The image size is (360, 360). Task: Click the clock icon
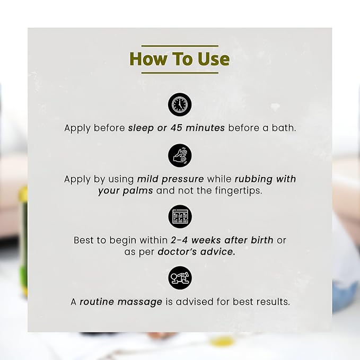pos(180,104)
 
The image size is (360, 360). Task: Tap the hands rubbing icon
pos(180,155)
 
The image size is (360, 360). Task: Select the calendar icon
pos(180,217)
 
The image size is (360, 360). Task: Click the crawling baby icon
pos(180,278)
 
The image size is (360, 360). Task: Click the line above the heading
pos(180,46)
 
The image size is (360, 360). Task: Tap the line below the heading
pos(180,73)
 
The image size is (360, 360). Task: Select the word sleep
pos(141,128)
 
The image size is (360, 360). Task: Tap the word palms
pos(138,191)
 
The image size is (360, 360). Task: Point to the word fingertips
pos(238,191)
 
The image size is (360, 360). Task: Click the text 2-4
pos(179,240)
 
